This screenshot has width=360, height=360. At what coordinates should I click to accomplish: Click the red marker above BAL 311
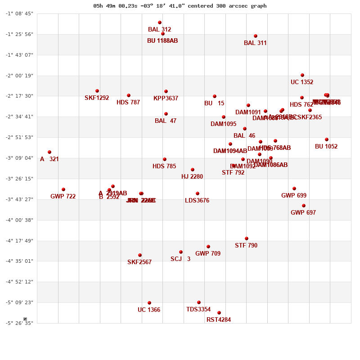pyautogui.click(x=256, y=36)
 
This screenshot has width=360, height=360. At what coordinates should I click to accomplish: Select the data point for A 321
pyautogui.click(x=49, y=152)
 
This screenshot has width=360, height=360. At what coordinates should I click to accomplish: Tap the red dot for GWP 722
pyautogui.click(x=63, y=189)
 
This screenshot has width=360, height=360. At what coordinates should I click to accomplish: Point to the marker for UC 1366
pyautogui.click(x=149, y=303)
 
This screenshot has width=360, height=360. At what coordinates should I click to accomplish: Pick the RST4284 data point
pyautogui.click(x=219, y=313)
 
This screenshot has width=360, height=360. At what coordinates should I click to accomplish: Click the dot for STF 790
pyautogui.click(x=247, y=238)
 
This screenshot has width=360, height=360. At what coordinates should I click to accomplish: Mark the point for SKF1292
pyautogui.click(x=97, y=91)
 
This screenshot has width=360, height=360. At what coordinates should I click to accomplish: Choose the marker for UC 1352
pyautogui.click(x=302, y=75)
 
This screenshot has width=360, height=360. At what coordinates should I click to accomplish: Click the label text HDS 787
pyautogui.click(x=128, y=103)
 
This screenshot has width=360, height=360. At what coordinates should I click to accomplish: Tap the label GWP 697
pyautogui.click(x=303, y=213)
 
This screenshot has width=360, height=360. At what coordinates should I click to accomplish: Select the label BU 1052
pyautogui.click(x=326, y=147)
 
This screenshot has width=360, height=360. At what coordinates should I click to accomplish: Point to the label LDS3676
pyautogui.click(x=197, y=201)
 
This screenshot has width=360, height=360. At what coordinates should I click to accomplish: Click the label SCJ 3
pyautogui.click(x=180, y=259)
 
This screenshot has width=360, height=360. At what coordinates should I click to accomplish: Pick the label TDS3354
pyautogui.click(x=198, y=310)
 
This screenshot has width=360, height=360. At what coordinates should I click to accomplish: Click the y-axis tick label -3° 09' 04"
pyautogui.click(x=19, y=158)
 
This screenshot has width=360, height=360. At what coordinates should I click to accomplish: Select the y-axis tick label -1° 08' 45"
pyautogui.click(x=19, y=13)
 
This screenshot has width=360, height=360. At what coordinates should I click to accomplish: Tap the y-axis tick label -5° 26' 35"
pyautogui.click(x=19, y=323)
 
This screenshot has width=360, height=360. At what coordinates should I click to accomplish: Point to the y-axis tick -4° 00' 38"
pyautogui.click(x=19, y=220)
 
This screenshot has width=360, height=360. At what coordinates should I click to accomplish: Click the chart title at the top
pyautogui.click(x=180, y=6)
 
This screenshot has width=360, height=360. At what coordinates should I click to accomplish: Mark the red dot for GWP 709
pyautogui.click(x=208, y=247)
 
